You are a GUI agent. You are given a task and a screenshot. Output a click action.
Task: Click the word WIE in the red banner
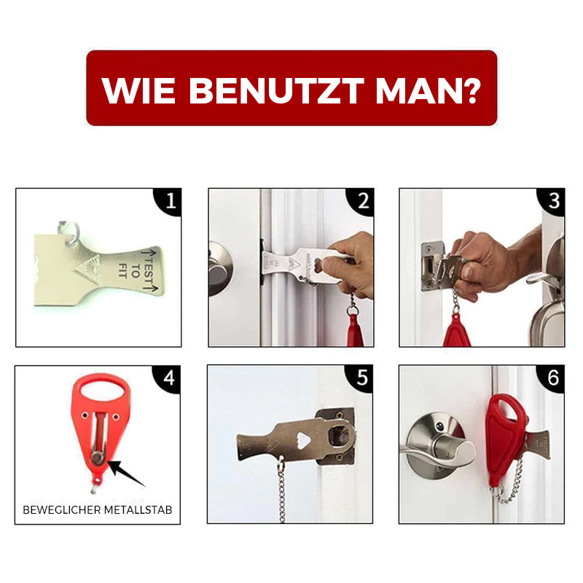point(138,90)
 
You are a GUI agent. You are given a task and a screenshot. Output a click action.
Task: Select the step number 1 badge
point(170,202)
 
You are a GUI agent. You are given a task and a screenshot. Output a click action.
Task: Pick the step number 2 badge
point(362,202)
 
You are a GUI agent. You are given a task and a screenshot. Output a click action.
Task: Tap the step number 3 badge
point(553,202)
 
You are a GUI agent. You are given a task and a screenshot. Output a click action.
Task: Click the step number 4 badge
point(168,378)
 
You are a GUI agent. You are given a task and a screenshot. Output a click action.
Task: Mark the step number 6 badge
point(552,378)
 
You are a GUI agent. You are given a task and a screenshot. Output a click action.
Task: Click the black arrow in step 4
point(126,473)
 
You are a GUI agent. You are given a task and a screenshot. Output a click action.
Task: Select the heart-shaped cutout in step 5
point(304,440)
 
